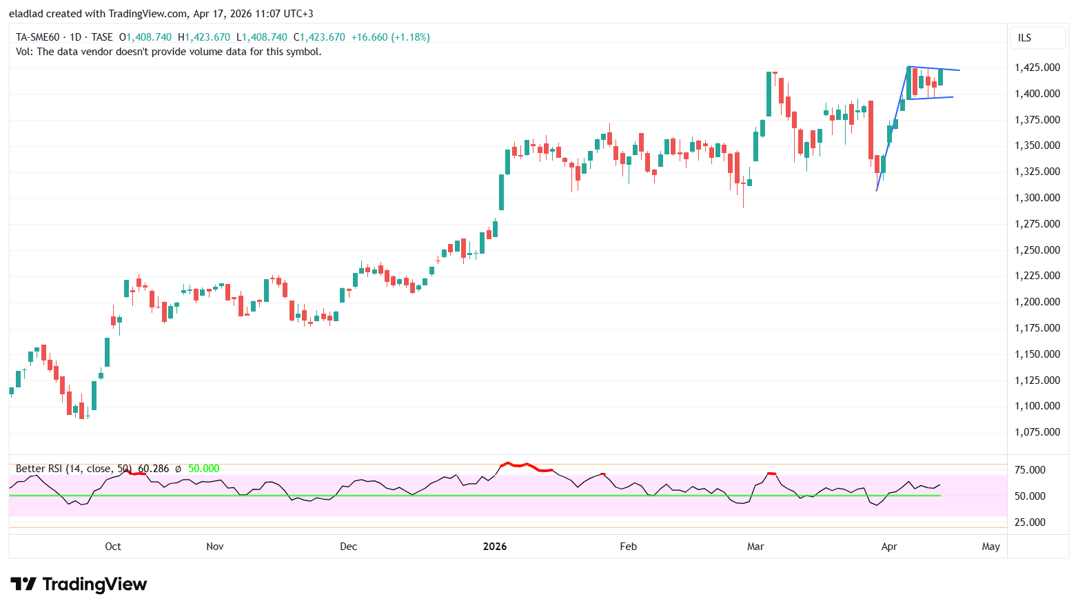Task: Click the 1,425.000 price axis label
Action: coord(1037,68)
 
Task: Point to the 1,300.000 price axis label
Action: coord(1037,198)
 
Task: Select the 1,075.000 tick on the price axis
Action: coord(1037,432)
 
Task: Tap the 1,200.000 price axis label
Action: coord(1037,302)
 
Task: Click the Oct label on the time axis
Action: coord(113,547)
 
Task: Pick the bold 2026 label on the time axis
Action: coord(495,547)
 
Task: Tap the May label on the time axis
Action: coord(990,547)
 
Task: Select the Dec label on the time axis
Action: coord(349,547)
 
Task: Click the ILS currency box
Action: coord(1025,38)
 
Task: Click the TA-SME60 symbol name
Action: coord(38,37)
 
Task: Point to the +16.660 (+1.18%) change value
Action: coord(390,37)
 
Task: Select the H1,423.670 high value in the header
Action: coord(204,37)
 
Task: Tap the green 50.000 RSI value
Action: coord(203,469)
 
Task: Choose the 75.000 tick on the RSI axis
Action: coord(1030,470)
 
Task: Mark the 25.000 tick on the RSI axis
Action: coord(1030,522)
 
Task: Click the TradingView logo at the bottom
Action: coord(79,584)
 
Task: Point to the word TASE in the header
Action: coord(102,37)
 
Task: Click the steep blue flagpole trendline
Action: coord(892,129)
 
